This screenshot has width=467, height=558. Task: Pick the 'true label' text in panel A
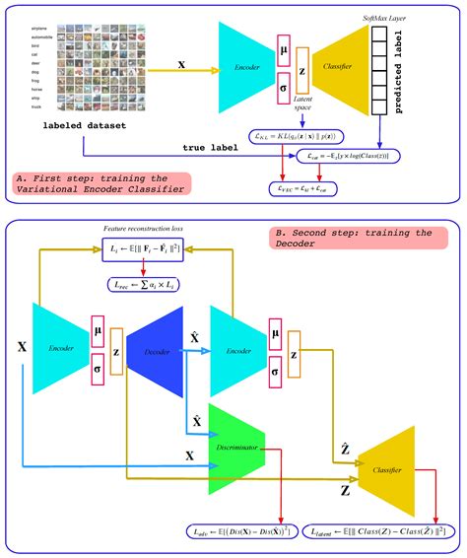point(211,148)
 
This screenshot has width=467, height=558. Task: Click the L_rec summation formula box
point(147,283)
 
